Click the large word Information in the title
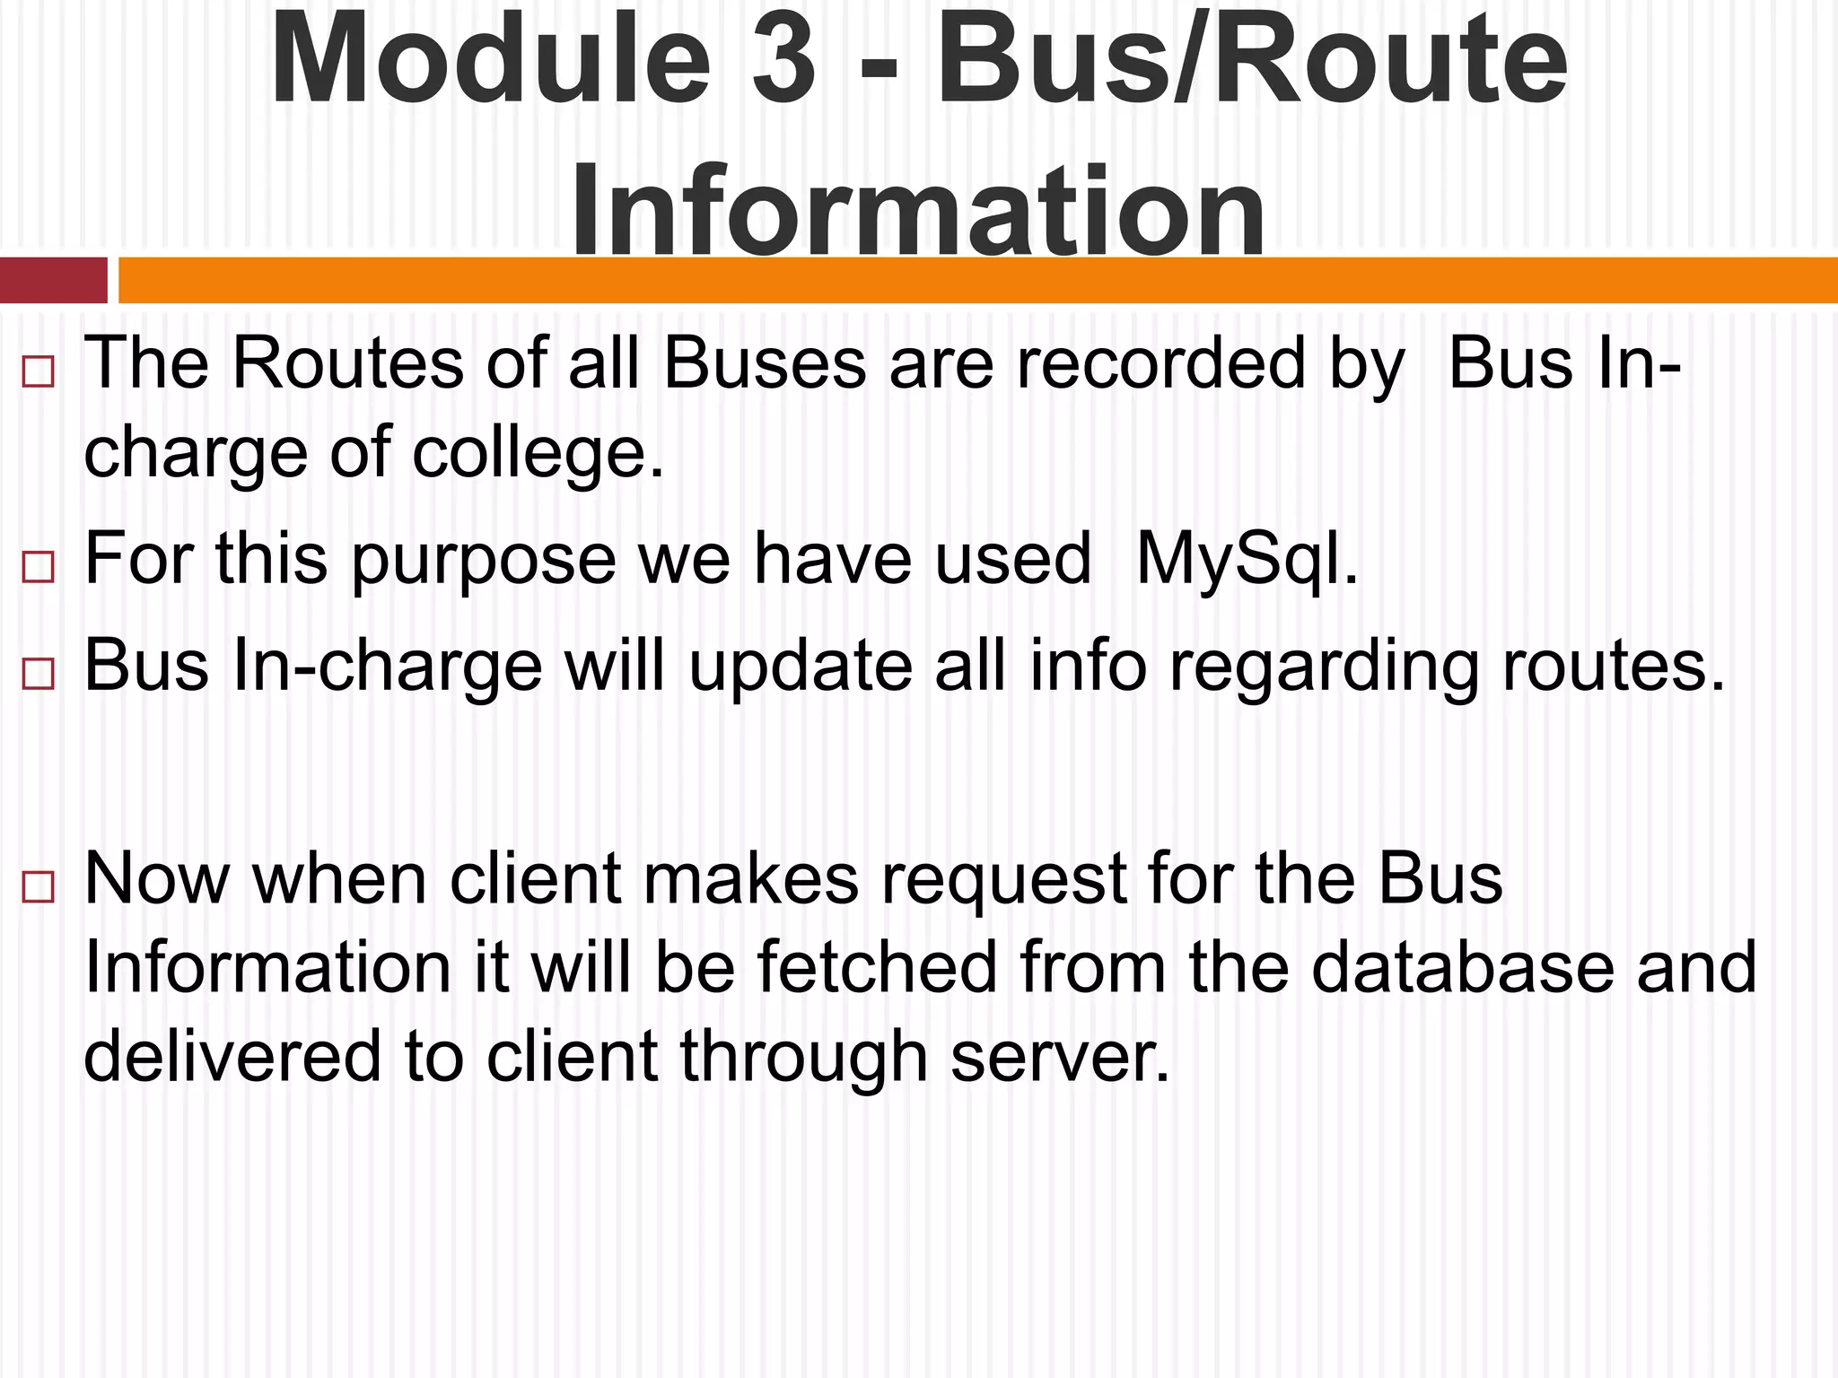[917, 211]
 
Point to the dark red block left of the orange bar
[53, 280]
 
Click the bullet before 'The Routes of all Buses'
[38, 371]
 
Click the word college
[538, 453]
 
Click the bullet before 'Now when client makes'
[38, 887]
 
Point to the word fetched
[877, 968]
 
